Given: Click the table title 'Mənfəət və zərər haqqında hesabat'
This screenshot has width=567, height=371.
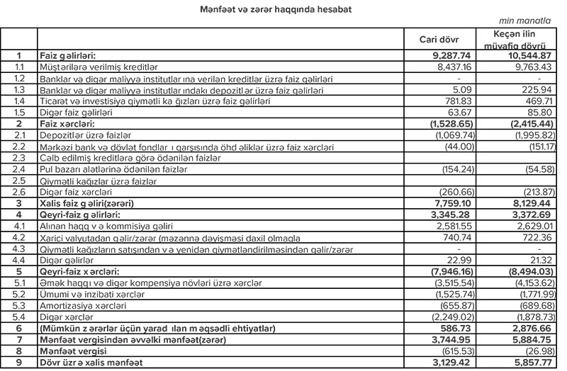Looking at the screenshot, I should [283, 9].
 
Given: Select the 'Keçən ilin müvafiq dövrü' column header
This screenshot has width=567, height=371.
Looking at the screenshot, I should [517, 39].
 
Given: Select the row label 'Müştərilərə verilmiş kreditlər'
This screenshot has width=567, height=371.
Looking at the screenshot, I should [99, 66].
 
